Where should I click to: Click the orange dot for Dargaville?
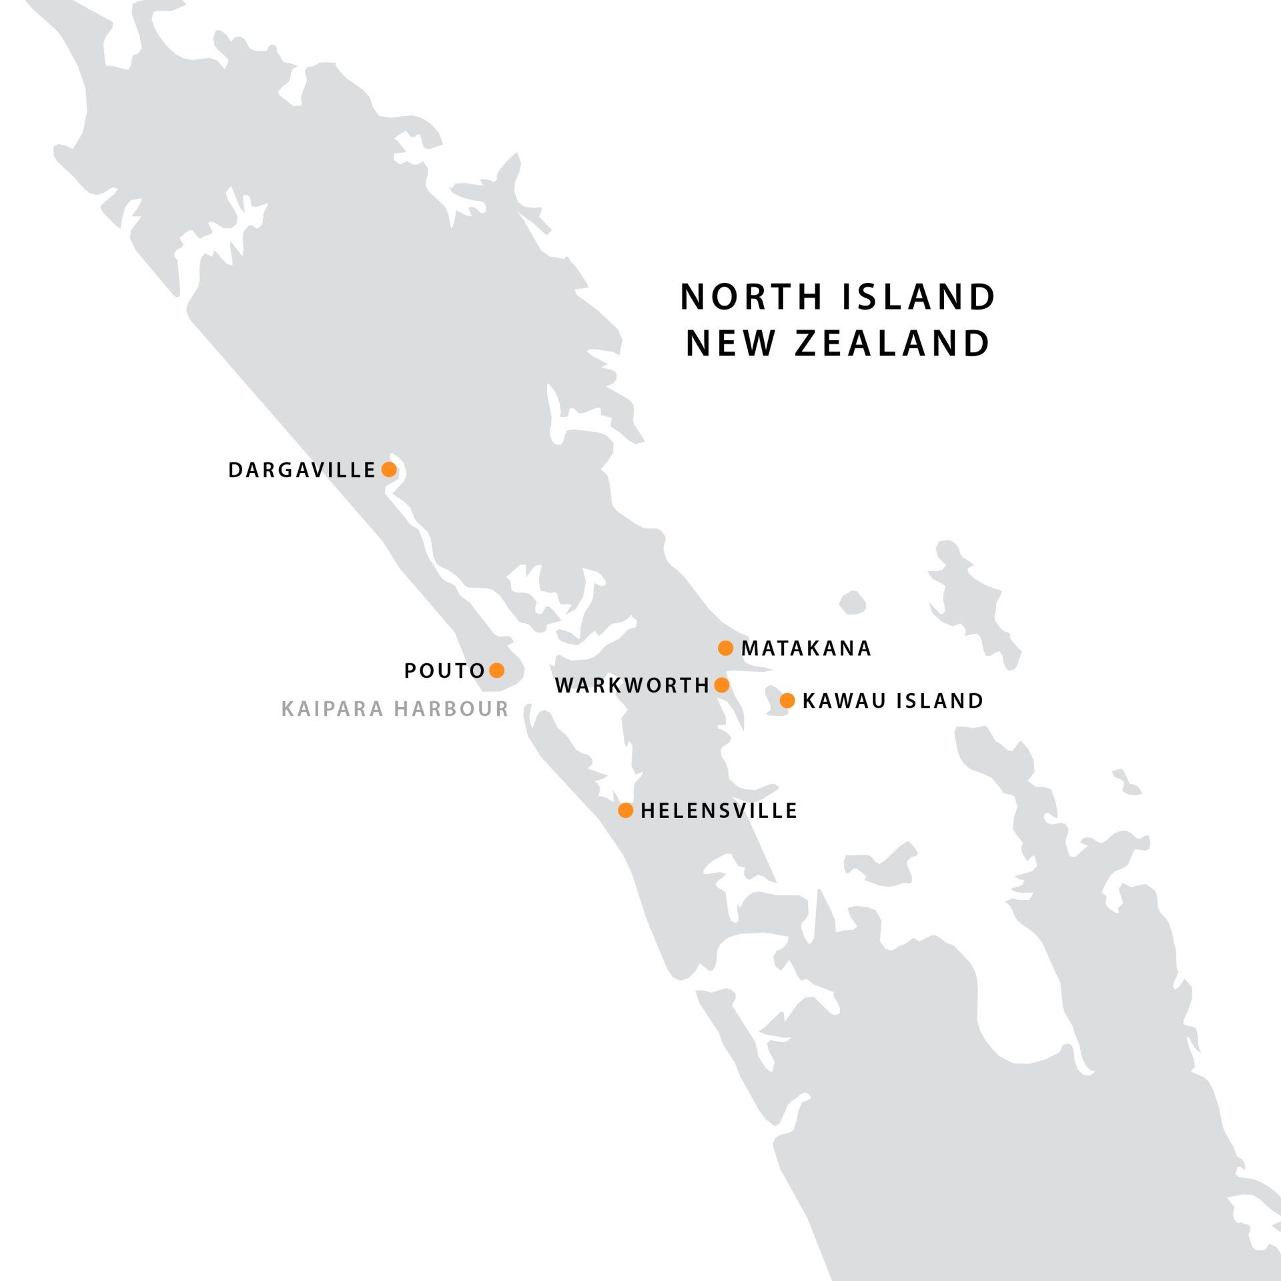(389, 470)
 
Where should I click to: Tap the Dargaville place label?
(302, 470)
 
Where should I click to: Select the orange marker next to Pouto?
(496, 670)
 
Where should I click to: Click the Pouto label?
(444, 671)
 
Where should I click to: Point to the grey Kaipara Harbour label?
(395, 709)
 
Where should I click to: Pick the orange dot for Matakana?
(725, 648)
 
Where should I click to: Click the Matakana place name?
(806, 649)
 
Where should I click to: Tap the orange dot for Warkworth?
(721, 685)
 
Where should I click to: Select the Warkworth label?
(632, 686)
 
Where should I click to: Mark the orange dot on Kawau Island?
(787, 701)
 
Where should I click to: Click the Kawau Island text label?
(893, 701)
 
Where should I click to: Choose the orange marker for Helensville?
(625, 810)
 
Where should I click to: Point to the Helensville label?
(719, 811)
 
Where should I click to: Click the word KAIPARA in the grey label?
(331, 709)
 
